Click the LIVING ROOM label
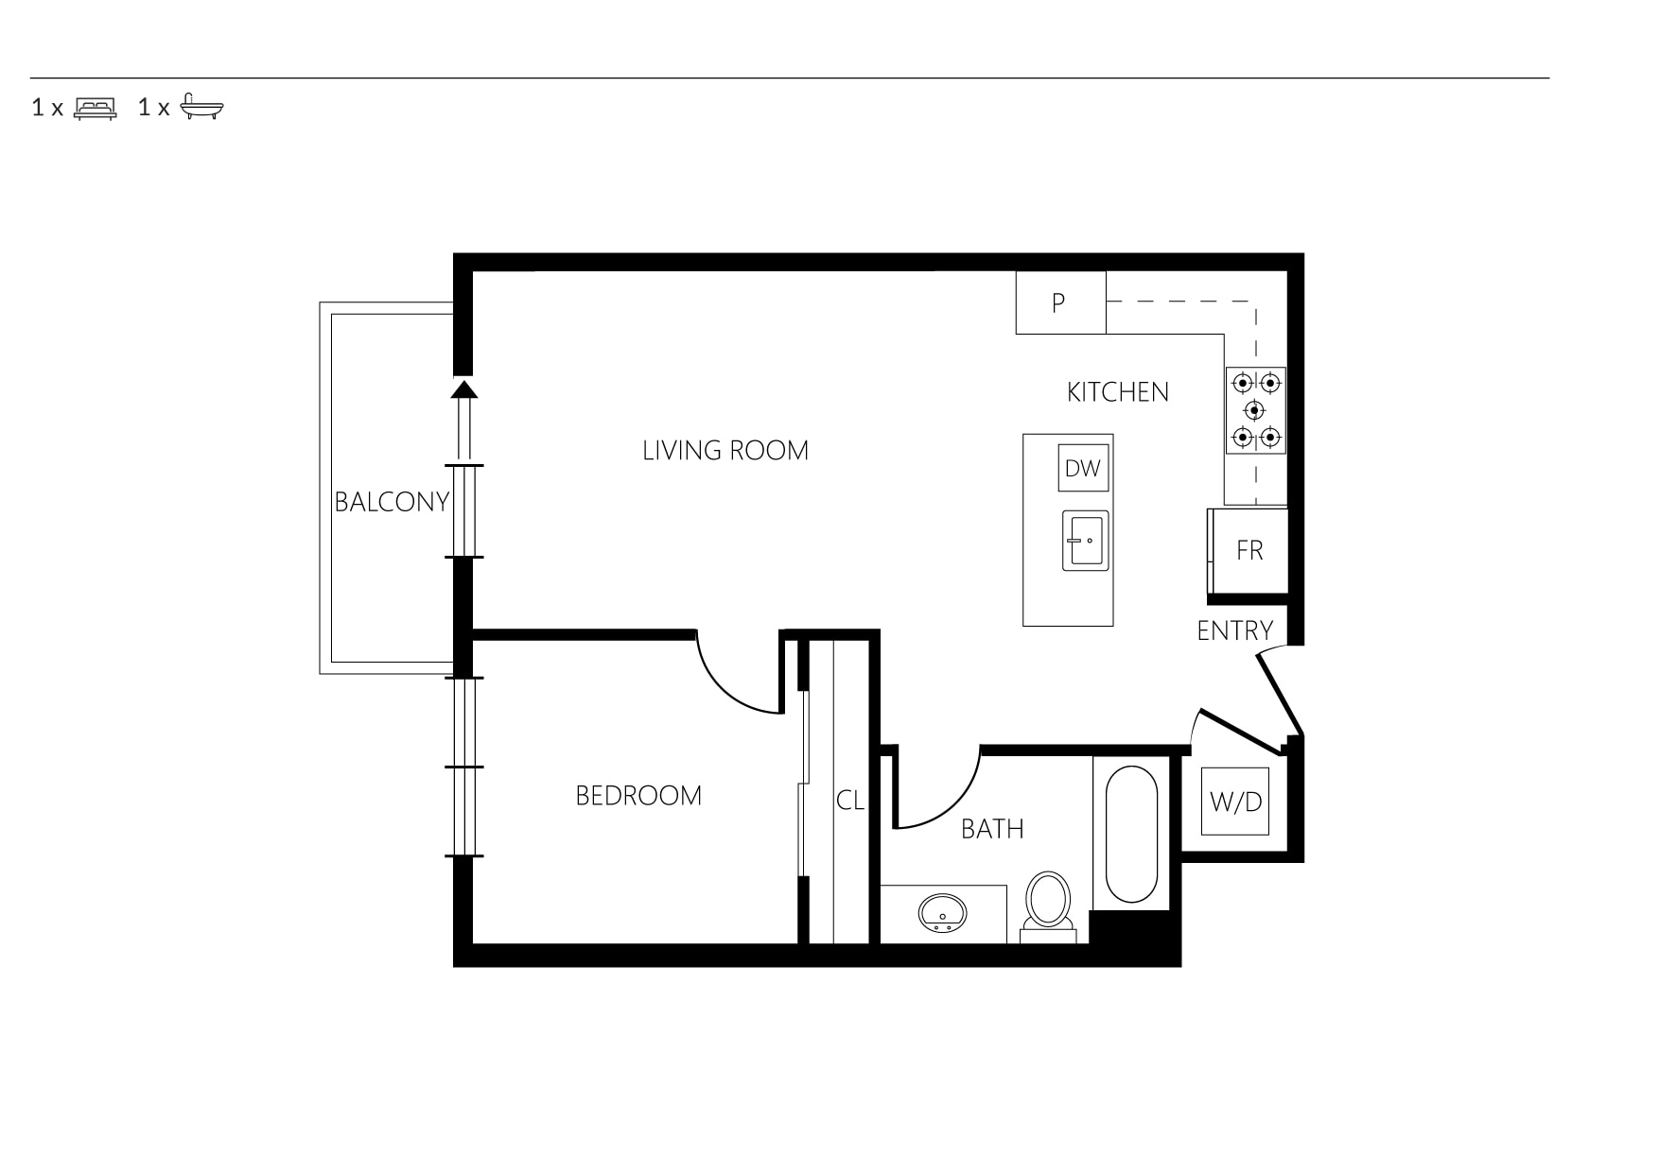(725, 450)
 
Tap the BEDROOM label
(638, 796)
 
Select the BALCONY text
(392, 502)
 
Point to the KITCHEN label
(1118, 392)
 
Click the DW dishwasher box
(1083, 468)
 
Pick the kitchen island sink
(1085, 541)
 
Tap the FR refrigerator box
(1249, 551)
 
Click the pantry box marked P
(1060, 302)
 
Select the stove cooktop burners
(1256, 410)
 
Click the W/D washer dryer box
(1235, 802)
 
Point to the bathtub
(1131, 835)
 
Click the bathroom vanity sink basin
(942, 913)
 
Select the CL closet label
(850, 801)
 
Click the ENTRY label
(1234, 630)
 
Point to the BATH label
(992, 829)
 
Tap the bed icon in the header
(96, 108)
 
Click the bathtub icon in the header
(201, 106)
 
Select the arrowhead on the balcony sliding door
(463, 388)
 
